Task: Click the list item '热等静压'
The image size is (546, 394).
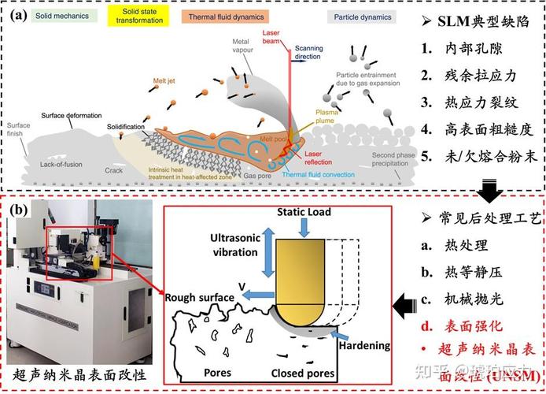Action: [473, 272]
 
